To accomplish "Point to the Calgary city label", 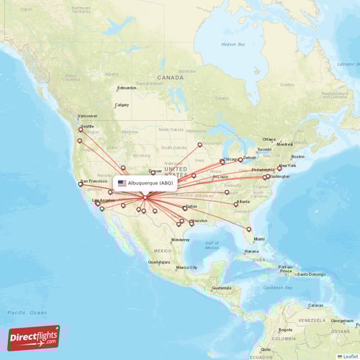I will click(x=122, y=104).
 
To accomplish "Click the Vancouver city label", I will click(x=87, y=116).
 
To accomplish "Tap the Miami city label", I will click(x=258, y=238).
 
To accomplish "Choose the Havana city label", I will click(x=251, y=251).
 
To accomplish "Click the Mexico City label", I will click(x=186, y=267).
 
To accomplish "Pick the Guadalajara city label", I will click(x=159, y=263).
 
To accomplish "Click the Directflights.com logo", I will click(x=33, y=337).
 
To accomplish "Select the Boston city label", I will click(x=297, y=156).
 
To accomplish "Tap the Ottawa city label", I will click(x=269, y=139).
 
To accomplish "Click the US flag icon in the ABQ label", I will click(x=122, y=183).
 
